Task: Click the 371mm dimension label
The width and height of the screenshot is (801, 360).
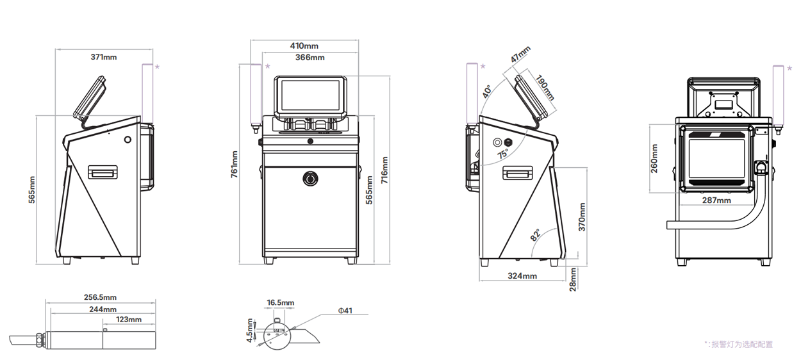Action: pos(104,57)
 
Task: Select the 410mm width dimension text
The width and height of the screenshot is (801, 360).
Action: pos(304,46)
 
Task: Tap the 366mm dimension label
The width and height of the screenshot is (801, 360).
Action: pos(310,58)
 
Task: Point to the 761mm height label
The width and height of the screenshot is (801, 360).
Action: pos(234,163)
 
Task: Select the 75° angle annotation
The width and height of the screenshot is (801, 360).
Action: pos(503,154)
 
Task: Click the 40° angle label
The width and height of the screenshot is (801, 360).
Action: pos(487,91)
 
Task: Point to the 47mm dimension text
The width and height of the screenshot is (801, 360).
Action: pos(520,54)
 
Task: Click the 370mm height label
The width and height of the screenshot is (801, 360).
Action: pos(582,217)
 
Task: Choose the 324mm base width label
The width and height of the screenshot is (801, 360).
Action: pos(522,276)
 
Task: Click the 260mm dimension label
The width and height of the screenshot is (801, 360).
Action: pos(654,158)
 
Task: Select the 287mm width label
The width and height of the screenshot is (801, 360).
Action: pos(716,200)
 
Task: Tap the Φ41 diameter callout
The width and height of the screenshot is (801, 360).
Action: pos(345,311)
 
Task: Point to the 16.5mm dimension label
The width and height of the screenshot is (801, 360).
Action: pos(281,302)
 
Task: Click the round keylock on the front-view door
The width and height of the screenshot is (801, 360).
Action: pos(310,178)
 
